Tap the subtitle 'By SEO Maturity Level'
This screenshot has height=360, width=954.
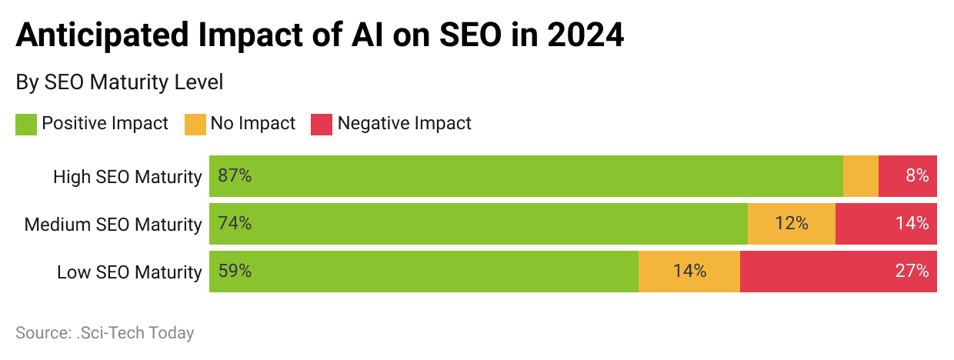[x=119, y=82]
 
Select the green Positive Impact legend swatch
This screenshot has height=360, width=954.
[x=26, y=124]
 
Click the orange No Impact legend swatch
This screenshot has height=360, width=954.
[x=195, y=124]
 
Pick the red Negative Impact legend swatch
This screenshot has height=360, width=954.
[x=322, y=124]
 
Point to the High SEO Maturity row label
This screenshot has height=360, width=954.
[x=127, y=177]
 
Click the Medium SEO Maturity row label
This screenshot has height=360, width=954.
[x=113, y=225]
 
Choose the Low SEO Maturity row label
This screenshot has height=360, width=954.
[x=129, y=272]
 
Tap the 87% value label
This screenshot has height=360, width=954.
[x=235, y=176]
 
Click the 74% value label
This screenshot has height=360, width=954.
[x=235, y=224]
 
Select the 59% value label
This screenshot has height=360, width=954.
[x=235, y=272]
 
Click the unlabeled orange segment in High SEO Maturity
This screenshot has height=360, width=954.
[x=861, y=176]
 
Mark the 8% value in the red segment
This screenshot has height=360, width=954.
[x=917, y=176]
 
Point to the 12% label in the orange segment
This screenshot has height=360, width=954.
[x=792, y=224]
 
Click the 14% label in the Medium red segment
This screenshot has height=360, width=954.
[x=912, y=224]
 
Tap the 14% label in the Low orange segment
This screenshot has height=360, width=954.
[x=689, y=272]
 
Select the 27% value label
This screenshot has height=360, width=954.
[x=912, y=272]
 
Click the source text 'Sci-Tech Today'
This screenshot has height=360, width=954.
[x=140, y=333]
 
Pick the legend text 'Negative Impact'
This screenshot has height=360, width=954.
[x=405, y=123]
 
